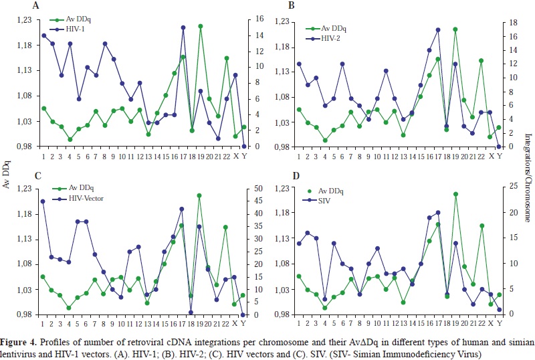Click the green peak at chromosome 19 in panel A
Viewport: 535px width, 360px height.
[x=200, y=26]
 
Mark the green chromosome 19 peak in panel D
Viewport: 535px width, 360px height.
[x=455, y=194]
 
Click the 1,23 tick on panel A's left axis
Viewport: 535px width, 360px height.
[x=21, y=20]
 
